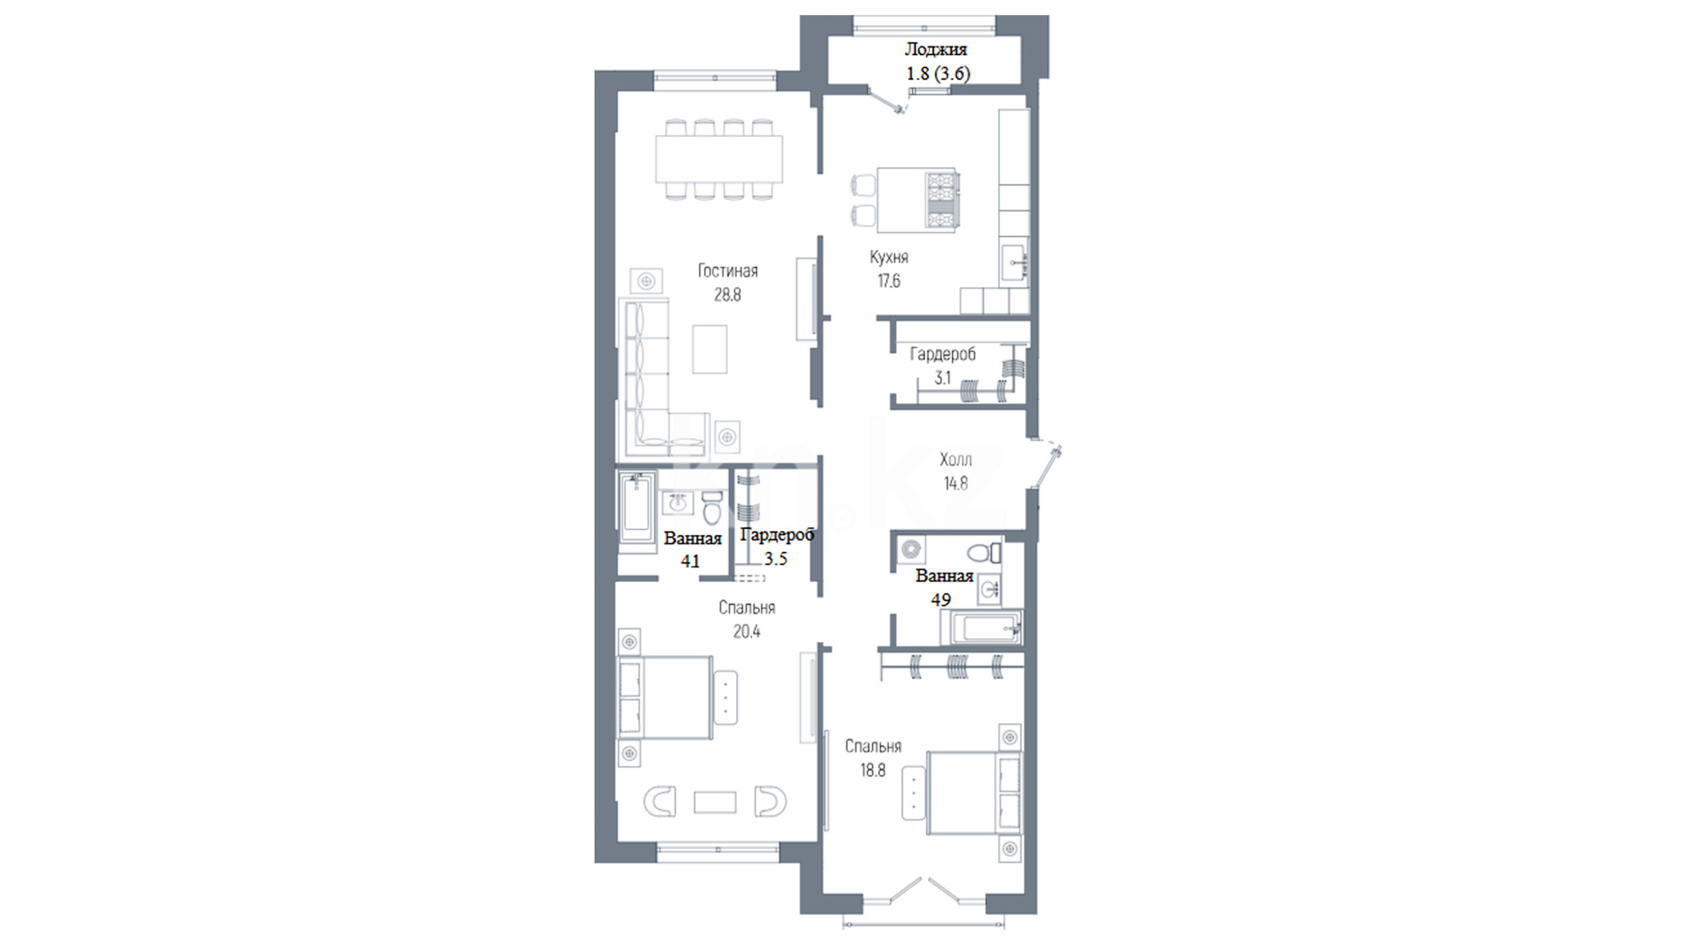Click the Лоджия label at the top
[x=935, y=50]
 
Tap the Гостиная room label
[x=728, y=271]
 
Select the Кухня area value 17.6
[x=889, y=281]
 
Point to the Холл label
[x=955, y=460]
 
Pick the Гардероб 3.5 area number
[x=776, y=559]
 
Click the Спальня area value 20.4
[x=747, y=632]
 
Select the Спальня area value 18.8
[x=873, y=771]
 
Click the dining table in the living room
[x=720, y=159]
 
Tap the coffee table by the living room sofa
[x=710, y=349]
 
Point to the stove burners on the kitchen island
[x=943, y=201]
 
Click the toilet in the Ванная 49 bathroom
[x=986, y=552]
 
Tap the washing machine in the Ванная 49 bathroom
[x=912, y=550]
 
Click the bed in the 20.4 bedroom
[x=665, y=697]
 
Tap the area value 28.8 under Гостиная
[x=728, y=295]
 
